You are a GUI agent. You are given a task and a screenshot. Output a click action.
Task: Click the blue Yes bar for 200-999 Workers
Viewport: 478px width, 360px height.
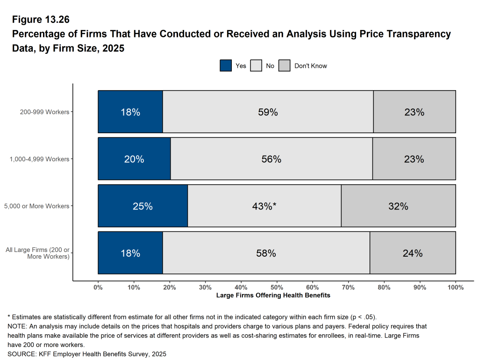point(130,112)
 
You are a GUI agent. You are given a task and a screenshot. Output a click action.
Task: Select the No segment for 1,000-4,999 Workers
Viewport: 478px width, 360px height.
point(271,159)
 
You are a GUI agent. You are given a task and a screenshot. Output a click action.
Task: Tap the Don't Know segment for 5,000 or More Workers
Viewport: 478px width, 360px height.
point(398,206)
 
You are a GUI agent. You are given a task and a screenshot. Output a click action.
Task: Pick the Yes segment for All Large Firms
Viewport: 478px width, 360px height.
point(130,253)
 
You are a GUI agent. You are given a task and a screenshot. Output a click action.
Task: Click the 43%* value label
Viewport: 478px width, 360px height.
point(264,206)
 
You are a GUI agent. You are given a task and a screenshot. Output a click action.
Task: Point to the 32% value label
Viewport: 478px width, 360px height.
point(398,206)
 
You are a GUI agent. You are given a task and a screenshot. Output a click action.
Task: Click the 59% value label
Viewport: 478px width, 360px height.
point(268,112)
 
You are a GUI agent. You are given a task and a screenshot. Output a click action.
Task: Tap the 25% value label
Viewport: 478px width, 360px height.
point(143,206)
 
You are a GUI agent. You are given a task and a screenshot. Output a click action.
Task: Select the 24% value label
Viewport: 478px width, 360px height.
point(413,253)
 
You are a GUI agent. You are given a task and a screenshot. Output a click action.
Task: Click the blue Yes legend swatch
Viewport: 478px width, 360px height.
point(226,66)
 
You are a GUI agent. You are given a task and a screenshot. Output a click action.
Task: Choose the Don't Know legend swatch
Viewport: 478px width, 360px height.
point(285,66)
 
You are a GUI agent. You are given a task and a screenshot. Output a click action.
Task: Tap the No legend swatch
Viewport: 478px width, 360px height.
point(256,66)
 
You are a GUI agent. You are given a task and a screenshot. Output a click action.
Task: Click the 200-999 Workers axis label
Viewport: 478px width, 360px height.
point(44,112)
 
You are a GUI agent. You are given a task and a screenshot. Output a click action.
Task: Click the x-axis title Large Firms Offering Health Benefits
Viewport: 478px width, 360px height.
point(273,295)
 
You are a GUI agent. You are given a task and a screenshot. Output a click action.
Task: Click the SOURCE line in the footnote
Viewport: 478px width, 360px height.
point(87,354)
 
